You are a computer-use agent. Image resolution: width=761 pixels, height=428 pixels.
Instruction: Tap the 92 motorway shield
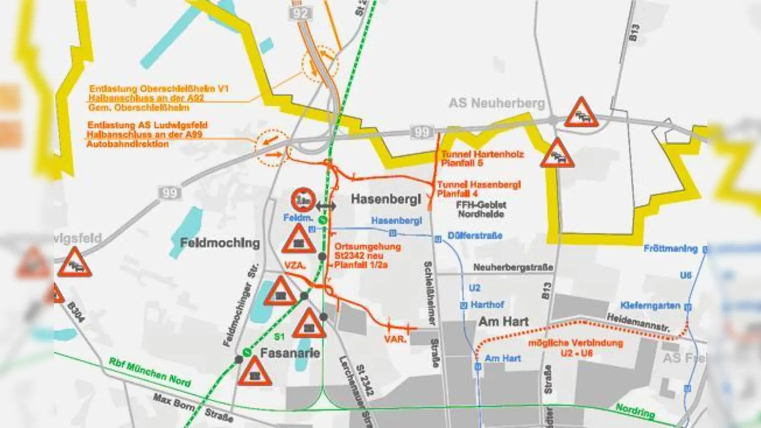(x=301, y=13)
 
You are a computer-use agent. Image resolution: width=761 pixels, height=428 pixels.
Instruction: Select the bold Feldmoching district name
(x=220, y=243)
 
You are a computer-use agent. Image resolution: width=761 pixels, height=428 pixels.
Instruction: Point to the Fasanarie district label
(x=290, y=353)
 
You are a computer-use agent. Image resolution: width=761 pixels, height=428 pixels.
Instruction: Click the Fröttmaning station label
(x=671, y=248)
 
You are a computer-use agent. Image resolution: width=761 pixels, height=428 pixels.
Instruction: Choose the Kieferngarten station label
(x=650, y=305)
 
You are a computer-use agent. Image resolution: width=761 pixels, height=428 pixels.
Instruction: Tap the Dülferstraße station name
(x=475, y=235)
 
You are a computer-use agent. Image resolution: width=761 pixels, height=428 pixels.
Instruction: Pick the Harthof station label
(x=487, y=304)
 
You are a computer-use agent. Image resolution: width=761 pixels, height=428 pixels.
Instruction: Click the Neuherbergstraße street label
(x=513, y=268)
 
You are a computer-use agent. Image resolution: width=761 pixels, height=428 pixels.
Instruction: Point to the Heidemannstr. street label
(x=638, y=322)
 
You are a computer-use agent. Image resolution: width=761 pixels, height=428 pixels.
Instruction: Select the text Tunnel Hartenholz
(x=482, y=154)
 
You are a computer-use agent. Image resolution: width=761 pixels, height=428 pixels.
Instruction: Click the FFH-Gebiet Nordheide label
(x=481, y=209)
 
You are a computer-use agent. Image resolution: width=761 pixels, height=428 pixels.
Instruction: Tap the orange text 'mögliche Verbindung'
(x=575, y=343)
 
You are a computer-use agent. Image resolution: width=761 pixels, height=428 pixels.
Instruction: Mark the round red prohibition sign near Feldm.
(x=303, y=200)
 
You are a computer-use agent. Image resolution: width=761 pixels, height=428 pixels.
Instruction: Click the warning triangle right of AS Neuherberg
(x=581, y=113)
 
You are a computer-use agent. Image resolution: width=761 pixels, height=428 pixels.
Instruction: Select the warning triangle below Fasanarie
(x=254, y=372)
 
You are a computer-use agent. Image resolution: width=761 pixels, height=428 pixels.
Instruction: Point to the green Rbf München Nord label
(x=150, y=371)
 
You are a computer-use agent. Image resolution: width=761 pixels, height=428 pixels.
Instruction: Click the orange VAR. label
(x=395, y=339)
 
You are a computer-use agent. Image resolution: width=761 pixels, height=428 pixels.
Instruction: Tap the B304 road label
(x=76, y=312)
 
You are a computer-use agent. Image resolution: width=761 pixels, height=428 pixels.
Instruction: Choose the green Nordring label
(x=635, y=411)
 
